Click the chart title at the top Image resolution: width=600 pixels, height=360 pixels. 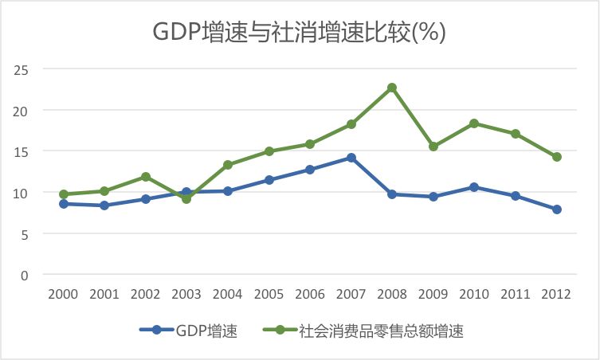(x=300, y=32)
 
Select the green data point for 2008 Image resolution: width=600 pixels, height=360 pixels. (x=392, y=88)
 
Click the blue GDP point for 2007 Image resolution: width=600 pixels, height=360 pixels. (x=351, y=158)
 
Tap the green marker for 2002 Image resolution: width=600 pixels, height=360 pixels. (x=146, y=177)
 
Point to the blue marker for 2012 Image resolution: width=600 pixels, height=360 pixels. (x=557, y=209)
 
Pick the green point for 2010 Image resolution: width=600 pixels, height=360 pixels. (x=474, y=123)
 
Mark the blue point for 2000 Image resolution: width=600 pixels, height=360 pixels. (x=64, y=204)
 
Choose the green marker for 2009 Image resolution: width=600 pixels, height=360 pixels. (x=433, y=147)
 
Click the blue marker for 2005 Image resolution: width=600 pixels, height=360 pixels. (x=269, y=180)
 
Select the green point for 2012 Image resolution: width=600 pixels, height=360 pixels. (x=557, y=157)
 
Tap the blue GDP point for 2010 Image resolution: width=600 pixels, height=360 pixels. (x=474, y=187)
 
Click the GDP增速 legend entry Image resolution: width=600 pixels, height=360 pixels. (x=188, y=331)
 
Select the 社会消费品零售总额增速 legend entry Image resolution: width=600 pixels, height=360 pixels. (x=363, y=331)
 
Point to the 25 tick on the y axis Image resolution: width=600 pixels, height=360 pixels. (x=21, y=70)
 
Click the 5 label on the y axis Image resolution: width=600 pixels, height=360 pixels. (x=25, y=234)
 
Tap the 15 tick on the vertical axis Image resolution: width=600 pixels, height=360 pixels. (x=21, y=152)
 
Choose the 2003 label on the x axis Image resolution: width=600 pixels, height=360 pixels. (x=186, y=294)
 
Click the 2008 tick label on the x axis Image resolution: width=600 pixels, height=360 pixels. (x=392, y=294)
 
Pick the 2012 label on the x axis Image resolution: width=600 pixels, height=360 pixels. (x=556, y=294)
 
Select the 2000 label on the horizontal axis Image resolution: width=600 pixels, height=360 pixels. (x=63, y=294)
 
